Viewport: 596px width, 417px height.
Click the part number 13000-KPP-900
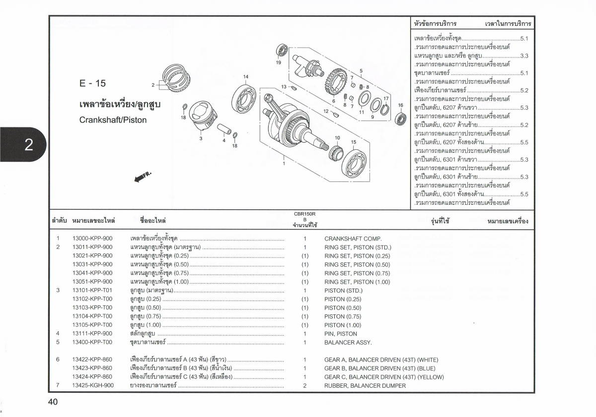click(92, 238)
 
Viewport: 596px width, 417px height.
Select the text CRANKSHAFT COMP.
click(353, 238)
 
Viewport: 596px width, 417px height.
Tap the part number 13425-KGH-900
click(92, 385)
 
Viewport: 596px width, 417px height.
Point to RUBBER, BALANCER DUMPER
click(365, 385)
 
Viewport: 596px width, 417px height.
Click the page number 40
click(53, 402)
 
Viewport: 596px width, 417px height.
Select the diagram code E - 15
click(92, 83)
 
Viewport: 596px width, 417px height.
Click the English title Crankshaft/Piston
click(113, 120)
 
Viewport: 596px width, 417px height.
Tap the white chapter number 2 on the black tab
click(28, 144)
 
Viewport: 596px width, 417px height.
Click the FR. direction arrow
click(142, 177)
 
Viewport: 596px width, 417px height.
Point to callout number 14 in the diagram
click(245, 77)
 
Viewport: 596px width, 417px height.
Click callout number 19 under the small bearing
click(278, 63)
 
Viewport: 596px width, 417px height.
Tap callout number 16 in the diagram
click(400, 105)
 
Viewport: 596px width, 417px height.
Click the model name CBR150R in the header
click(304, 214)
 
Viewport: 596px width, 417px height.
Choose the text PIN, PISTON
click(340, 334)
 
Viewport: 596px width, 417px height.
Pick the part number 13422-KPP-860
click(92, 359)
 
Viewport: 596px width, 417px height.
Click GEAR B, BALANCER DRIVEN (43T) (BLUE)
click(379, 368)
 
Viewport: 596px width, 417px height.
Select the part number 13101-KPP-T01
click(92, 290)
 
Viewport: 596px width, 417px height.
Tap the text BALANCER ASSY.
click(348, 342)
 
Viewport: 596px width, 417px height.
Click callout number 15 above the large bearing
click(354, 142)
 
